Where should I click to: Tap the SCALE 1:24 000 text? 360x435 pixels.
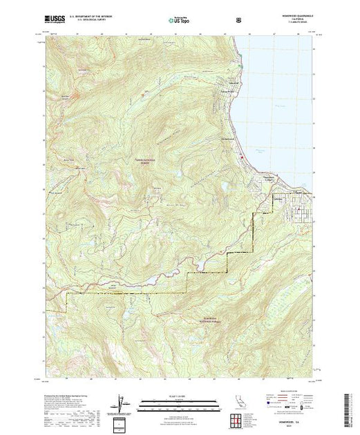pyautogui.click(x=180, y=396)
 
